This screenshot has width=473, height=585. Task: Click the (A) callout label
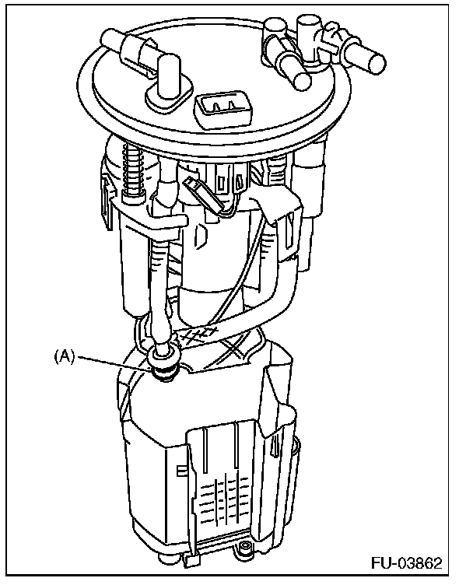coord(64,356)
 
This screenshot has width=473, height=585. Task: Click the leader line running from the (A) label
coord(113,360)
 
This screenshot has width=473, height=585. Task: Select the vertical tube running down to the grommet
coord(161,280)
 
